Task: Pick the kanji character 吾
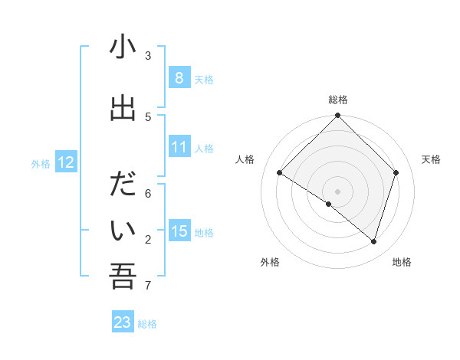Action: click(123, 277)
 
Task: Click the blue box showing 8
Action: click(179, 78)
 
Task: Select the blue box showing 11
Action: click(179, 148)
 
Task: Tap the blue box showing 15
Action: click(179, 231)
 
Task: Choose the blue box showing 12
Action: click(65, 162)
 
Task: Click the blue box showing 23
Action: click(123, 322)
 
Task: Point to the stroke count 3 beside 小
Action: click(148, 56)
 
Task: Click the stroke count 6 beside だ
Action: click(148, 195)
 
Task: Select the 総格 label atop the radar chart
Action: click(338, 100)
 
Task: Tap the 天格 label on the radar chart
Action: click(432, 159)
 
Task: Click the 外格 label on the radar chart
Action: click(270, 262)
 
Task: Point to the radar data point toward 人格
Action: click(280, 173)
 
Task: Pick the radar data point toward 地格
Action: click(373, 241)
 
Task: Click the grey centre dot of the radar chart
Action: click(338, 191)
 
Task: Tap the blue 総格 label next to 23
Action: click(147, 324)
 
